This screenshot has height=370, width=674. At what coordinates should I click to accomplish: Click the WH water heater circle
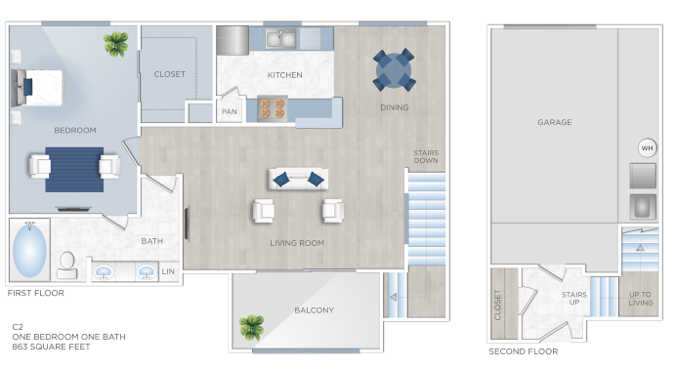(647, 147)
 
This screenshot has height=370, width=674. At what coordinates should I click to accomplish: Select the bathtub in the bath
(28, 252)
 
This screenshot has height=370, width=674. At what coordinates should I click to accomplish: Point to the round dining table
(394, 69)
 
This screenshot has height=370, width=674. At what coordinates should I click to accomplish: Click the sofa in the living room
(298, 179)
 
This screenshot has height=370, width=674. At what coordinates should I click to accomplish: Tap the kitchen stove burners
(272, 108)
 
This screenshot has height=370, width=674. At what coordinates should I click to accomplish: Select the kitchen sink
(281, 39)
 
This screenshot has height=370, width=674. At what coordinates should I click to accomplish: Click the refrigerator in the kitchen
(232, 40)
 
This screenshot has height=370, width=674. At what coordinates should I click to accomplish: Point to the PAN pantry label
(230, 111)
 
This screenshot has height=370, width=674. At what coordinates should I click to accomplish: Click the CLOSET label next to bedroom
(169, 74)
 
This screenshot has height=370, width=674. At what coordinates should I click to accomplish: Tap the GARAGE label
(554, 122)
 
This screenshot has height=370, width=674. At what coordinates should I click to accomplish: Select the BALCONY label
(314, 310)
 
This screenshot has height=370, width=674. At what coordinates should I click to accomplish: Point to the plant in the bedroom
(117, 42)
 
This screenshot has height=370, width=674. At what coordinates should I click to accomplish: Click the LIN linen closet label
(168, 271)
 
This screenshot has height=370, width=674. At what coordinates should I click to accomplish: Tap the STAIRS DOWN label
(426, 156)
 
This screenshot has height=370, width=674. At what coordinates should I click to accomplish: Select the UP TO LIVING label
(640, 299)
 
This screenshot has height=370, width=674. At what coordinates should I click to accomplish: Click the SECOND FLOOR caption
(524, 351)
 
